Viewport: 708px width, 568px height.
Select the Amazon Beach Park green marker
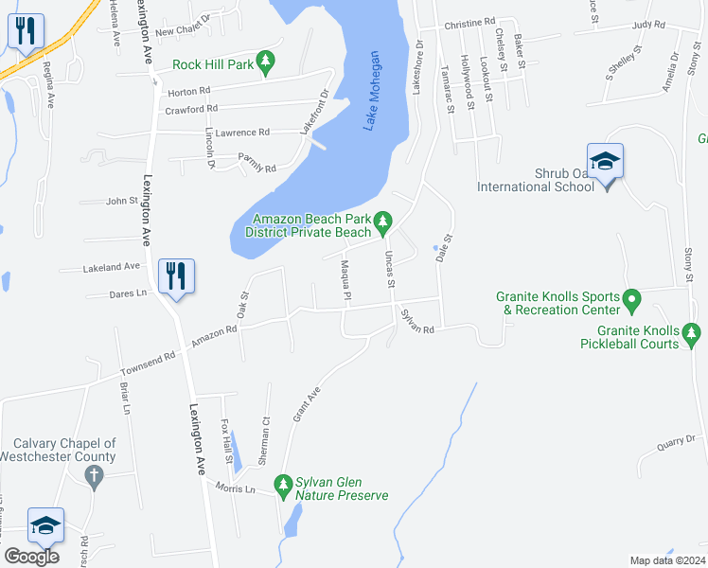tap(382, 223)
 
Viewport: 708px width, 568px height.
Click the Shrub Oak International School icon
tap(605, 162)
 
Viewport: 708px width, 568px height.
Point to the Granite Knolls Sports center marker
tap(633, 303)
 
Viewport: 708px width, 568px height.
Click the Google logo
tap(31, 557)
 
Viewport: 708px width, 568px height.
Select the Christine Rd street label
tap(469, 22)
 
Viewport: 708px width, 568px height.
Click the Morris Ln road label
tap(237, 488)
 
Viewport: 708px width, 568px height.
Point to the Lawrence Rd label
tap(242, 133)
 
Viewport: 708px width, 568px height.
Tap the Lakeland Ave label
tap(112, 267)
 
